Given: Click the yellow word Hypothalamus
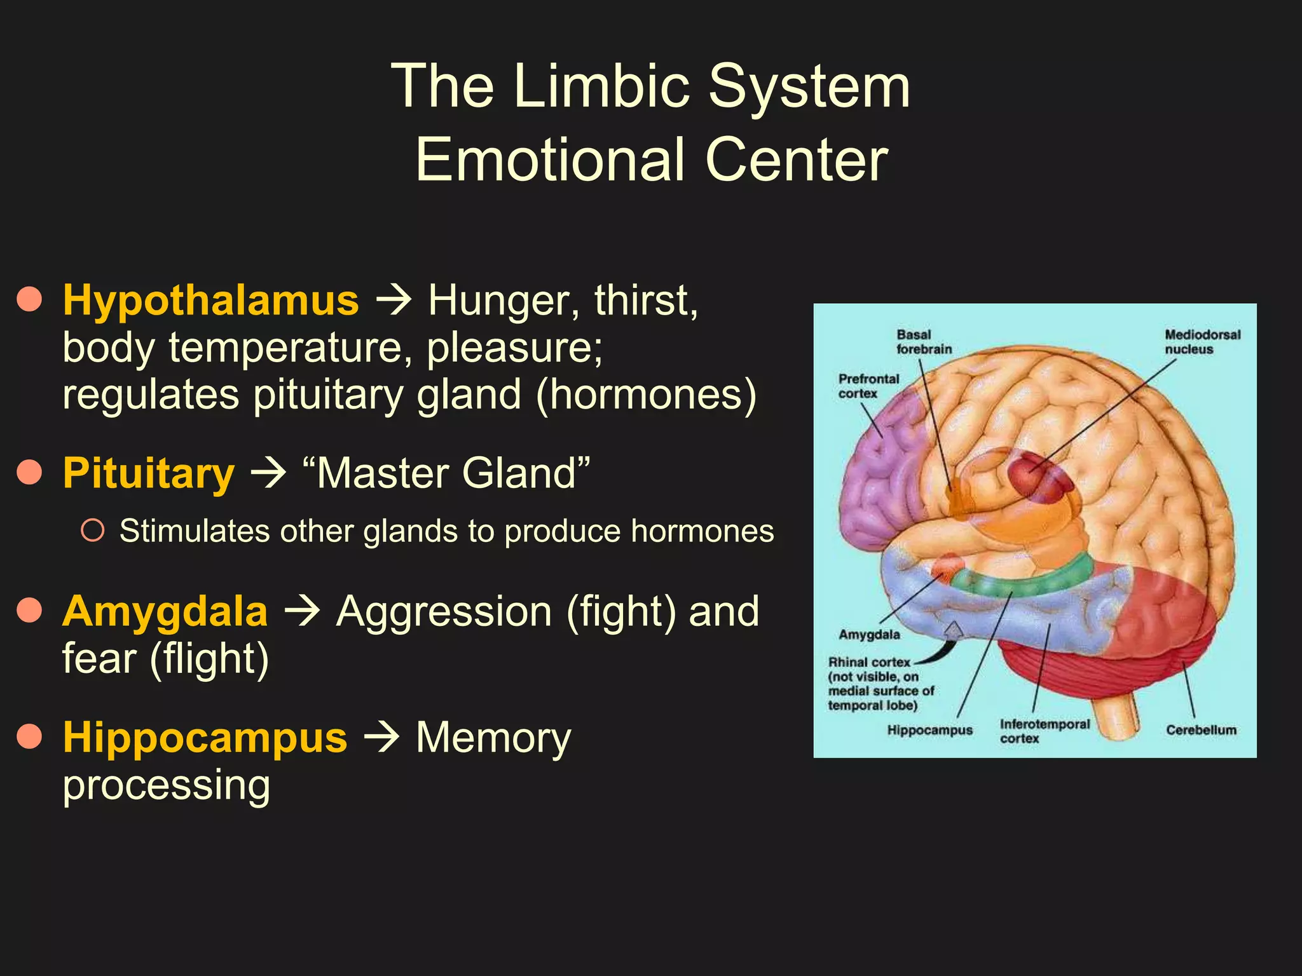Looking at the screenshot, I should pyautogui.click(x=210, y=300).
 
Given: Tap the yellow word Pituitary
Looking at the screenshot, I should pyautogui.click(x=149, y=473).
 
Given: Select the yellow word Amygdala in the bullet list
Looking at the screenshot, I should pyautogui.click(x=165, y=611).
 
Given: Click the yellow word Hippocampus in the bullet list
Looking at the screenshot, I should pyautogui.click(x=205, y=738).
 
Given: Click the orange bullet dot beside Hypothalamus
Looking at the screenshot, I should pyautogui.click(x=29, y=299).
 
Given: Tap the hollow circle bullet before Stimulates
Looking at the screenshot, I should pyautogui.click(x=93, y=531).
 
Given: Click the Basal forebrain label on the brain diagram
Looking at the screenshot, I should pyautogui.click(x=924, y=342).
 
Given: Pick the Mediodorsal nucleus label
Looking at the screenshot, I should pyautogui.click(x=1202, y=342).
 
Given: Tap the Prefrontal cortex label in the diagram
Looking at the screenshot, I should pyautogui.click(x=868, y=386).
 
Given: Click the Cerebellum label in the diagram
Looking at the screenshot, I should pyautogui.click(x=1201, y=730).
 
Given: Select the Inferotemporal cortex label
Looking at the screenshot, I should pyautogui.click(x=1044, y=731).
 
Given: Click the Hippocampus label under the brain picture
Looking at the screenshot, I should pyautogui.click(x=929, y=730).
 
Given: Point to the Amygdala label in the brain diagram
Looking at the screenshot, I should pyautogui.click(x=869, y=634).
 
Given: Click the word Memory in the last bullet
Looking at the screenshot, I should pyautogui.click(x=493, y=738).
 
